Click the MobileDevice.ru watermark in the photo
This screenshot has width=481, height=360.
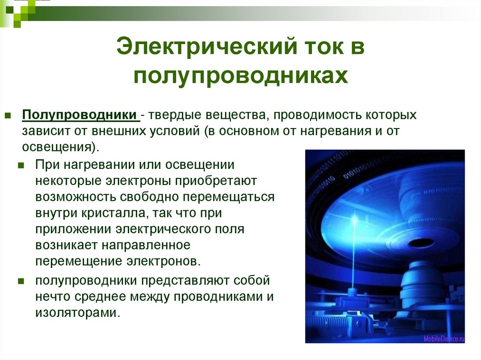point(443,338)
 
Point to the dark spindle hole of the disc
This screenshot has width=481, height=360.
point(419,243)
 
